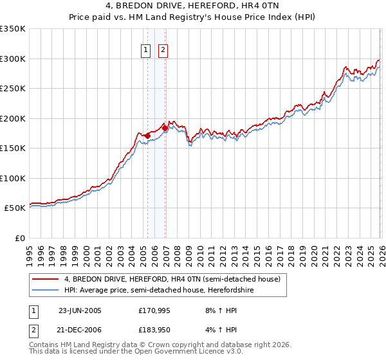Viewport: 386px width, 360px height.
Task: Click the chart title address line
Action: point(192,6)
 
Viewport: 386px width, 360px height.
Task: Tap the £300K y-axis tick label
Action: point(13,59)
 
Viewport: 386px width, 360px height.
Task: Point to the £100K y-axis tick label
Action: point(13,178)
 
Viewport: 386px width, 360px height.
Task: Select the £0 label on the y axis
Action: point(19,238)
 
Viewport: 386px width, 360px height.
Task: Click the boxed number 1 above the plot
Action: point(147,50)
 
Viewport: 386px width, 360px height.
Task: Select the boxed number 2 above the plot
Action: point(163,50)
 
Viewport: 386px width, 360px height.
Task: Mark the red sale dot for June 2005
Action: point(148,136)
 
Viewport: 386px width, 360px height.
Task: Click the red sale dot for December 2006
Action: point(165,128)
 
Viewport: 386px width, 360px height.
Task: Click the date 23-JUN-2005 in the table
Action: point(80,310)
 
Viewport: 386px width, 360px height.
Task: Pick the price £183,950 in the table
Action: point(154,329)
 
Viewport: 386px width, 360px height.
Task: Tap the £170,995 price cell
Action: point(154,310)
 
